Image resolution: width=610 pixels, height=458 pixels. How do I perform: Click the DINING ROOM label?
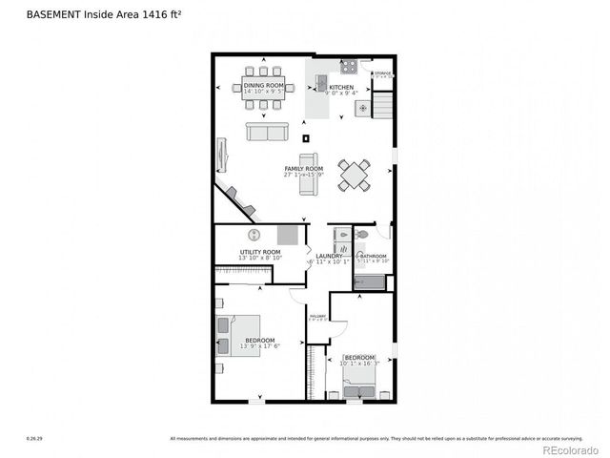point(264,86)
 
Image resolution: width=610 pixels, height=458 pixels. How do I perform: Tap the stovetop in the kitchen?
point(349,67)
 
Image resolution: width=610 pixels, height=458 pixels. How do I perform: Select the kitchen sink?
point(322,79)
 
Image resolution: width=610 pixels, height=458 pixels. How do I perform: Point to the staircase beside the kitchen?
point(382,103)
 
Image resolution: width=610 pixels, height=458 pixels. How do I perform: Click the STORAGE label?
point(382,73)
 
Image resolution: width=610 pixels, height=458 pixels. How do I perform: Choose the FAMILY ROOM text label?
point(303,169)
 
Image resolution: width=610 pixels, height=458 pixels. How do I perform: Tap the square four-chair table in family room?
point(355,175)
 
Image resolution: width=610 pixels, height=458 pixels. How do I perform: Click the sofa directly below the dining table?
point(267,132)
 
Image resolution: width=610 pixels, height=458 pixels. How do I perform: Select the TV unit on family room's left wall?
point(223,155)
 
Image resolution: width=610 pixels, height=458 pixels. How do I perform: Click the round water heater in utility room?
point(254,235)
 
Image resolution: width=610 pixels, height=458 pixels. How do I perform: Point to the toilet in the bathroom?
point(361,234)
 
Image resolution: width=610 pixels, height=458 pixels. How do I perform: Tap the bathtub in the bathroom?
point(369,282)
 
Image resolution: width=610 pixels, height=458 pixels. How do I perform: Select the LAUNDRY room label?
point(329,256)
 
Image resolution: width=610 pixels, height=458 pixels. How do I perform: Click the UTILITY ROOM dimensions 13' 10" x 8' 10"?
point(259,258)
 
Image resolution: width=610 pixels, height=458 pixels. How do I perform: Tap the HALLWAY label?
point(317,316)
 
